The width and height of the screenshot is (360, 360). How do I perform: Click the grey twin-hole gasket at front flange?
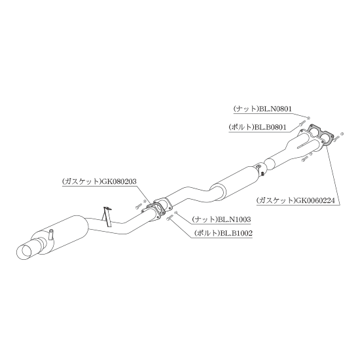tap(320, 135)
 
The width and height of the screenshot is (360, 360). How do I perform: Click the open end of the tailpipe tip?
tap(24, 252)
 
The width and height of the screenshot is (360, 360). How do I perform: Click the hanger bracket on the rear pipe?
tap(107, 217)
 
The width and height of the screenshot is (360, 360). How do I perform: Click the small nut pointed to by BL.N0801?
tap(308, 118)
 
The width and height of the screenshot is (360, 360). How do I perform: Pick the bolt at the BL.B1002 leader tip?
tap(170, 217)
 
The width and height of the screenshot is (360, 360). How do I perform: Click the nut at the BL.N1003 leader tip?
tap(176, 212)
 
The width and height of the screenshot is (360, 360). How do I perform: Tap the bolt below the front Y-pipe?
tap(305, 158)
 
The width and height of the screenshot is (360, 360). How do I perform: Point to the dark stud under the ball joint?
tap(263, 174)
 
